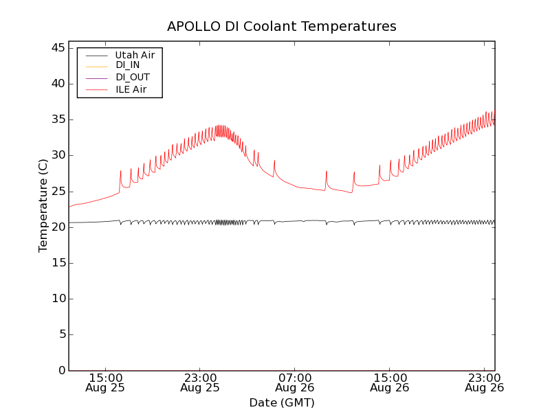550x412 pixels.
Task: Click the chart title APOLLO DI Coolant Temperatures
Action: point(282,27)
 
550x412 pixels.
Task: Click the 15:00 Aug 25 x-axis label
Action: point(106,382)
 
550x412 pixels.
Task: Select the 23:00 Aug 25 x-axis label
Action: point(200,382)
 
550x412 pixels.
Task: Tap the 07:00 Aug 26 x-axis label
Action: point(295,382)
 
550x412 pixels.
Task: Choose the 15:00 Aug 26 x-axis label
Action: point(389,382)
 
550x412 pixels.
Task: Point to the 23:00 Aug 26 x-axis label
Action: point(484,382)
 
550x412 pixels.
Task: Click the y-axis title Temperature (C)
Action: point(43,205)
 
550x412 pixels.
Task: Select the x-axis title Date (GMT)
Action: point(282,402)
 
